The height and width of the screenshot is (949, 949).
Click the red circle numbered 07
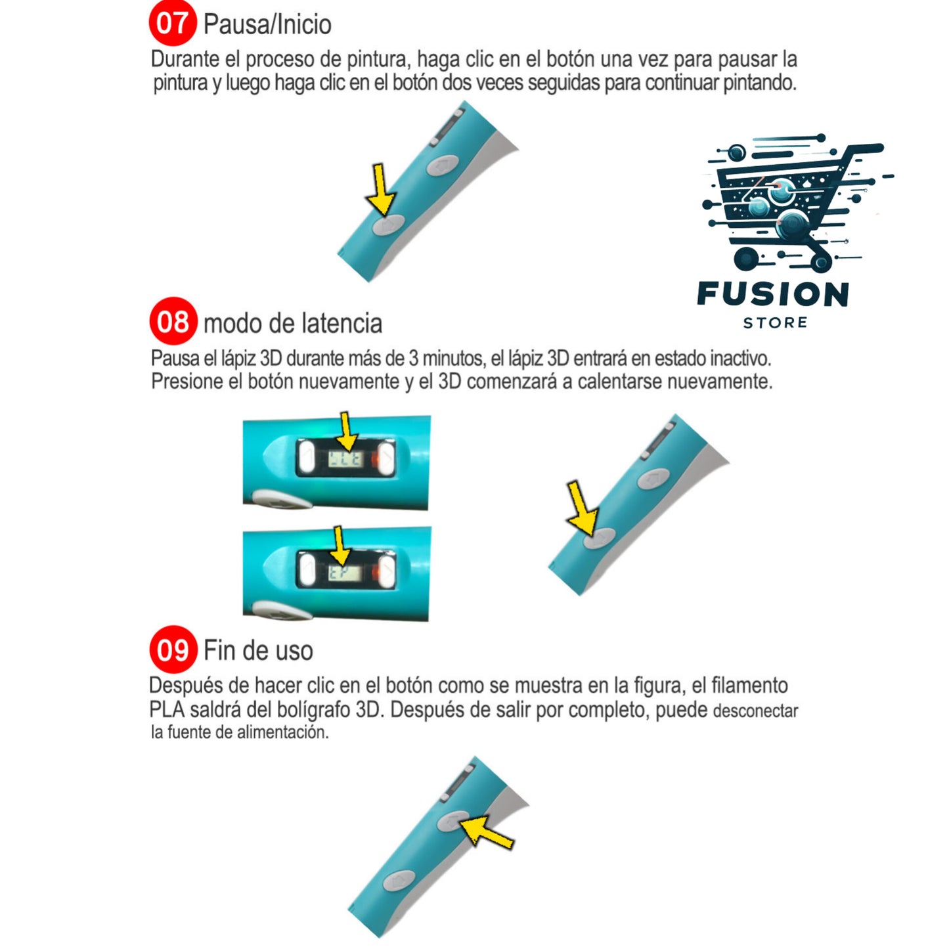[x=173, y=22]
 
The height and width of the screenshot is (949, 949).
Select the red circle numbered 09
[x=173, y=649]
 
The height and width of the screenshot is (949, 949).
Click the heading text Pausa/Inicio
[x=267, y=24]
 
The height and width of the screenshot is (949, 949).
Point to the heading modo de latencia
[x=293, y=324]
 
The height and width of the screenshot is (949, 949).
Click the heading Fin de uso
[x=259, y=650]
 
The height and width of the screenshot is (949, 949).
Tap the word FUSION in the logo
[x=774, y=294]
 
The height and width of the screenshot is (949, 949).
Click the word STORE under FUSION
[x=775, y=323]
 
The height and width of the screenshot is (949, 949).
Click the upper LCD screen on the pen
[x=345, y=459]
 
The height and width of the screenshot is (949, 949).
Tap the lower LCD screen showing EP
[x=345, y=573]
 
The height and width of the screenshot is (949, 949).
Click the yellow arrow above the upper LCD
[x=347, y=432]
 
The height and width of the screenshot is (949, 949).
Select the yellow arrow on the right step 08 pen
[x=582, y=509]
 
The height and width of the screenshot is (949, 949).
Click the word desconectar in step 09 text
[x=755, y=711]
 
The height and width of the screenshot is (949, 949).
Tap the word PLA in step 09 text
[x=167, y=710]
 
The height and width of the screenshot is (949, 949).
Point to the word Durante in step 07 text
[x=185, y=59]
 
